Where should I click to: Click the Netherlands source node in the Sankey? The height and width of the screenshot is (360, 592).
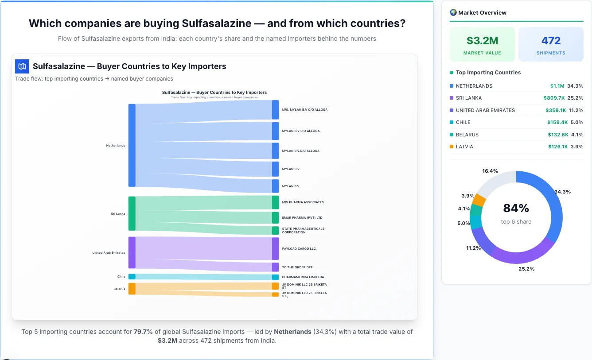(x=132, y=145)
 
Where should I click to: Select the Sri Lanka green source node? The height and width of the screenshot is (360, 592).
(x=132, y=213)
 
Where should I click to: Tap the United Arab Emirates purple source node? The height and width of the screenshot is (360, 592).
(x=132, y=252)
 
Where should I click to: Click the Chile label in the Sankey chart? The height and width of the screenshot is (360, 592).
(x=121, y=277)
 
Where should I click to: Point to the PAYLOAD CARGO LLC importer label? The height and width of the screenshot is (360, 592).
(x=299, y=249)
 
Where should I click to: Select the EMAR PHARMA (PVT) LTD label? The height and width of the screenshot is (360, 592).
(x=302, y=218)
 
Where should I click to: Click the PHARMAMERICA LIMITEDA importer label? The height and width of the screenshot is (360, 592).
(x=303, y=277)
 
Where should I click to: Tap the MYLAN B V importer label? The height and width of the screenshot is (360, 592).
(x=291, y=169)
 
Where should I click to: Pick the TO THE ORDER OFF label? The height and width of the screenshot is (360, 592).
(x=297, y=267)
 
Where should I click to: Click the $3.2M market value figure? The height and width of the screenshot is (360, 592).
(x=482, y=41)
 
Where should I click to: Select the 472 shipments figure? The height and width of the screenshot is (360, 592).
(x=551, y=41)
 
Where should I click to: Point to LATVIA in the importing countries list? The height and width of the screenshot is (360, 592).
(x=464, y=147)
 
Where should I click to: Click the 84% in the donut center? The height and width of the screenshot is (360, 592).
(x=516, y=208)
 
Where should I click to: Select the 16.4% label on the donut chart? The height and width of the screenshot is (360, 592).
(x=490, y=171)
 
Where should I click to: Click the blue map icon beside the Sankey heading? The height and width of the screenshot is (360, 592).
(x=22, y=66)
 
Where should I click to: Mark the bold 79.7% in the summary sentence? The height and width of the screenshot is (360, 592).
(x=143, y=332)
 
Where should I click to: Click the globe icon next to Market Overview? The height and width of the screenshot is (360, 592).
(x=453, y=12)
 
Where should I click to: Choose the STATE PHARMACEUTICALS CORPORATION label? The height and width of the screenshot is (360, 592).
(x=303, y=231)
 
